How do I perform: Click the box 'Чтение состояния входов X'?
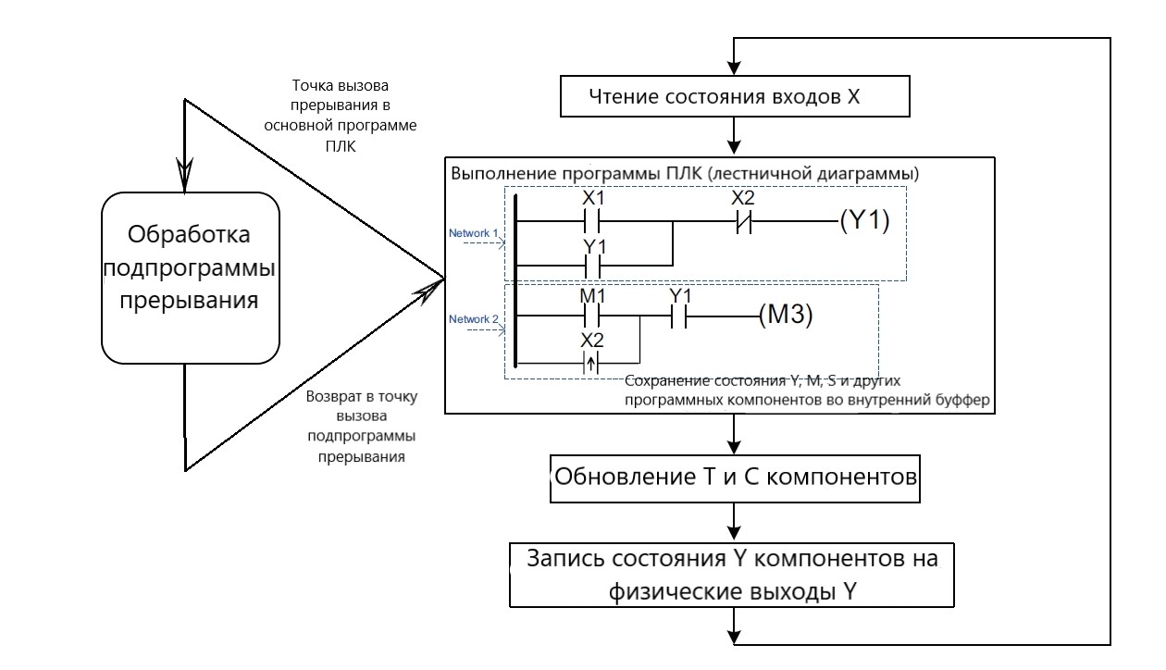click(734, 96)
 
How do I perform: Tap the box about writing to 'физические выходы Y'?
click(734, 576)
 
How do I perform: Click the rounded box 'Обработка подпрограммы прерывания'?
click(189, 278)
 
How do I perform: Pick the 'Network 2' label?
click(474, 319)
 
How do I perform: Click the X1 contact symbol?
click(592, 222)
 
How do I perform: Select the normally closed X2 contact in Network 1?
click(743, 222)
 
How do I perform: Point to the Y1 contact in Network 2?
click(680, 315)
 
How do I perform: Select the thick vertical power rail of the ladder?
click(515, 278)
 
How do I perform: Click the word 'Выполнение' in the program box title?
click(490, 173)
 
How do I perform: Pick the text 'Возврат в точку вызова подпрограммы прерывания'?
click(361, 427)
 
